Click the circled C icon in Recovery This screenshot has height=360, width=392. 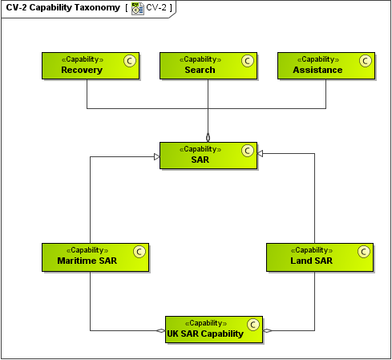pos(129,60)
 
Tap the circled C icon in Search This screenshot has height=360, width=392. pos(247,60)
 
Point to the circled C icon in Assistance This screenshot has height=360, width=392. pos(365,60)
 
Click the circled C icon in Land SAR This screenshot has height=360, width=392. pos(363,251)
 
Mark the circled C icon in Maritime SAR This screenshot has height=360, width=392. pos(139,251)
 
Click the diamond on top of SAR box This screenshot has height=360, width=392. pos(208,136)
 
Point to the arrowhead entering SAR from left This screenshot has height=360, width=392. pos(156,156)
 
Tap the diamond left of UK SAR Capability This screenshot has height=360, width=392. pos(160,330)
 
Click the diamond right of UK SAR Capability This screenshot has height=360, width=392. pos(268,330)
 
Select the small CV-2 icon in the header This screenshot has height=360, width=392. pos(137,8)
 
